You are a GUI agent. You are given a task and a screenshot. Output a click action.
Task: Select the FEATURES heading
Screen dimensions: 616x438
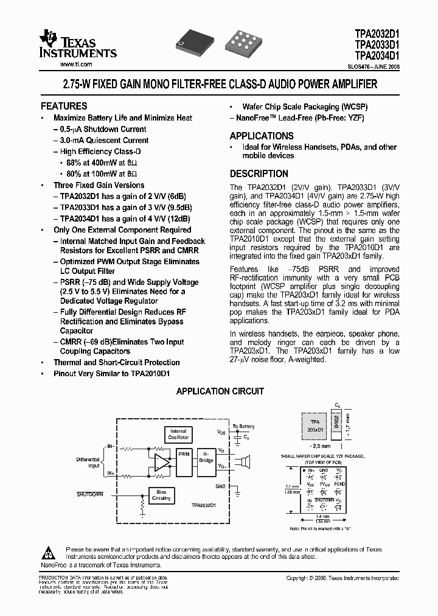click(x=64, y=106)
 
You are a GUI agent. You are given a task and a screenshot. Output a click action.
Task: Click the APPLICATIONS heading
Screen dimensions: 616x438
click(x=262, y=136)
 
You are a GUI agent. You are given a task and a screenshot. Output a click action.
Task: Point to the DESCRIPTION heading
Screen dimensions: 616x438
click(x=259, y=174)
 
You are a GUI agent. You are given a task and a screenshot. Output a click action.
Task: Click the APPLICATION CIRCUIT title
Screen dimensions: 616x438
click(x=220, y=391)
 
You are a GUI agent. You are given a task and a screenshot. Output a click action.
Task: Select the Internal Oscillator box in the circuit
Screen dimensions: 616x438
click(x=178, y=435)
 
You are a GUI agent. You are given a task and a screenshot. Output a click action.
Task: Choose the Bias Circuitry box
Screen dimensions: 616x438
click(x=161, y=495)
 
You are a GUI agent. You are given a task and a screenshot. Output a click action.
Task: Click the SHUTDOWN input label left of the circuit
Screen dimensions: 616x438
click(x=90, y=494)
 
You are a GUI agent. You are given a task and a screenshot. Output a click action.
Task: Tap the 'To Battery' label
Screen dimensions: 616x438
click(x=243, y=427)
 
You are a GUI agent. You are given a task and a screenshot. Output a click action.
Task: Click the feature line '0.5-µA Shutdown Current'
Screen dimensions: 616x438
click(x=100, y=130)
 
